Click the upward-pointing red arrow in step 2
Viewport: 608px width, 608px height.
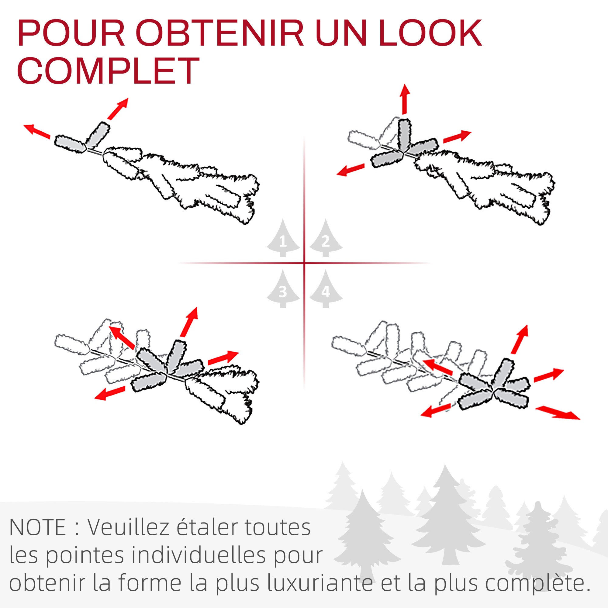coord(405,99)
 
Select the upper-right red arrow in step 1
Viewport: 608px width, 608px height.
coord(118,109)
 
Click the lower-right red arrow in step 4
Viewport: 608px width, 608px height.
coord(557,413)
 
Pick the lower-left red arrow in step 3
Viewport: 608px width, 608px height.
coord(110,393)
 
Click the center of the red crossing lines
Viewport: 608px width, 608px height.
coord(304,263)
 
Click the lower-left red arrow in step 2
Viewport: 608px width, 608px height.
coord(351,170)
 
